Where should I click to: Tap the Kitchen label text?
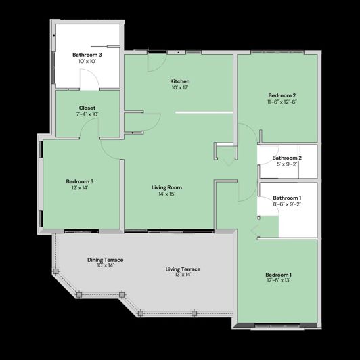tap(179, 81)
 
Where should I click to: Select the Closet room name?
tap(87, 108)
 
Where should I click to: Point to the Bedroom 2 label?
tap(282, 95)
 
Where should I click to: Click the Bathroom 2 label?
tap(288, 158)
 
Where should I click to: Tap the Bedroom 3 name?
tap(79, 181)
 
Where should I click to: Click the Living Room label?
tap(166, 187)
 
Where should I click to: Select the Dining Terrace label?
tap(105, 260)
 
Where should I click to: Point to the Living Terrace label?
tap(183, 269)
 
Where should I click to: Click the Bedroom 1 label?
tap(279, 274)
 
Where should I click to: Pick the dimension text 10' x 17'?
tap(179, 88)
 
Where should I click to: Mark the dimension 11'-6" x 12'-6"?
tap(282, 102)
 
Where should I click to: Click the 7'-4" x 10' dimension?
tap(87, 114)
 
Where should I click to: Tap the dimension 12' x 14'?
tap(79, 188)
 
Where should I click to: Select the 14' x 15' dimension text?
tap(166, 194)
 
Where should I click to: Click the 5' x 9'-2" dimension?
tap(288, 164)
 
